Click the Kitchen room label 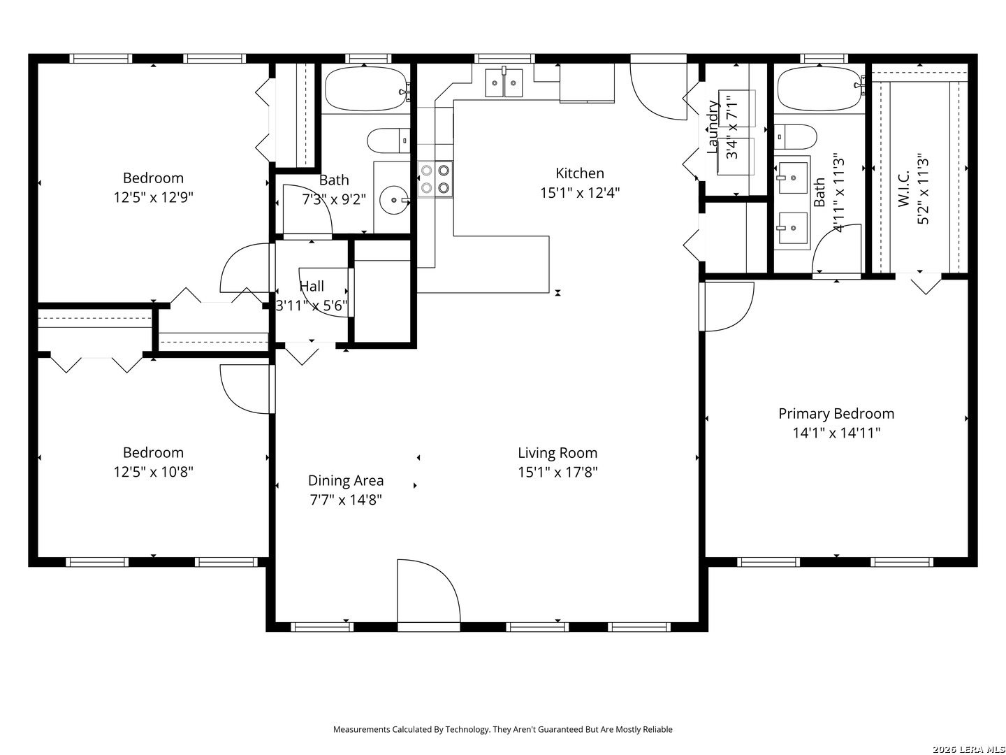[x=579, y=173]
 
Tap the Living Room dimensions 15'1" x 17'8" [x=557, y=472]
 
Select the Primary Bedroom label [x=836, y=413]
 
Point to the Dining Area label [x=346, y=480]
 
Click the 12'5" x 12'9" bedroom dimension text [x=153, y=198]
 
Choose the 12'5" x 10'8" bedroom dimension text [x=153, y=472]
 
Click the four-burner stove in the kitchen [x=435, y=179]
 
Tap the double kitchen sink [x=504, y=83]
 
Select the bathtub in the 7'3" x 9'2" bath [x=366, y=89]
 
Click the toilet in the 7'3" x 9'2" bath [x=388, y=141]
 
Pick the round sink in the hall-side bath [x=394, y=201]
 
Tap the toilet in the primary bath [x=795, y=136]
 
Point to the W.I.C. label [x=903, y=189]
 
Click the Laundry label [x=712, y=127]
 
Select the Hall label [x=312, y=286]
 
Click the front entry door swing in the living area [x=428, y=591]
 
